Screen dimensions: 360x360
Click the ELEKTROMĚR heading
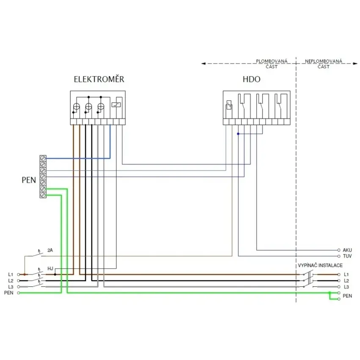[x=99, y=79]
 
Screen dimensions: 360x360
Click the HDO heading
[x=252, y=79]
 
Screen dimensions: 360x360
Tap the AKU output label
[x=347, y=250]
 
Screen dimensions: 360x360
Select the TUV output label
[x=347, y=256]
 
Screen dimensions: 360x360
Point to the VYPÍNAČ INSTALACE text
[x=320, y=266]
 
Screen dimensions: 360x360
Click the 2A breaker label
[x=50, y=250]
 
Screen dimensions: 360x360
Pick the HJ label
[x=50, y=269]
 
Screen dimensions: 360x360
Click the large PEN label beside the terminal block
[x=29, y=180]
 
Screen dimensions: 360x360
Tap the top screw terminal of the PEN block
[x=43, y=158]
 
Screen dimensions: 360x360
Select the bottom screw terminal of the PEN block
[x=43, y=195]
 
